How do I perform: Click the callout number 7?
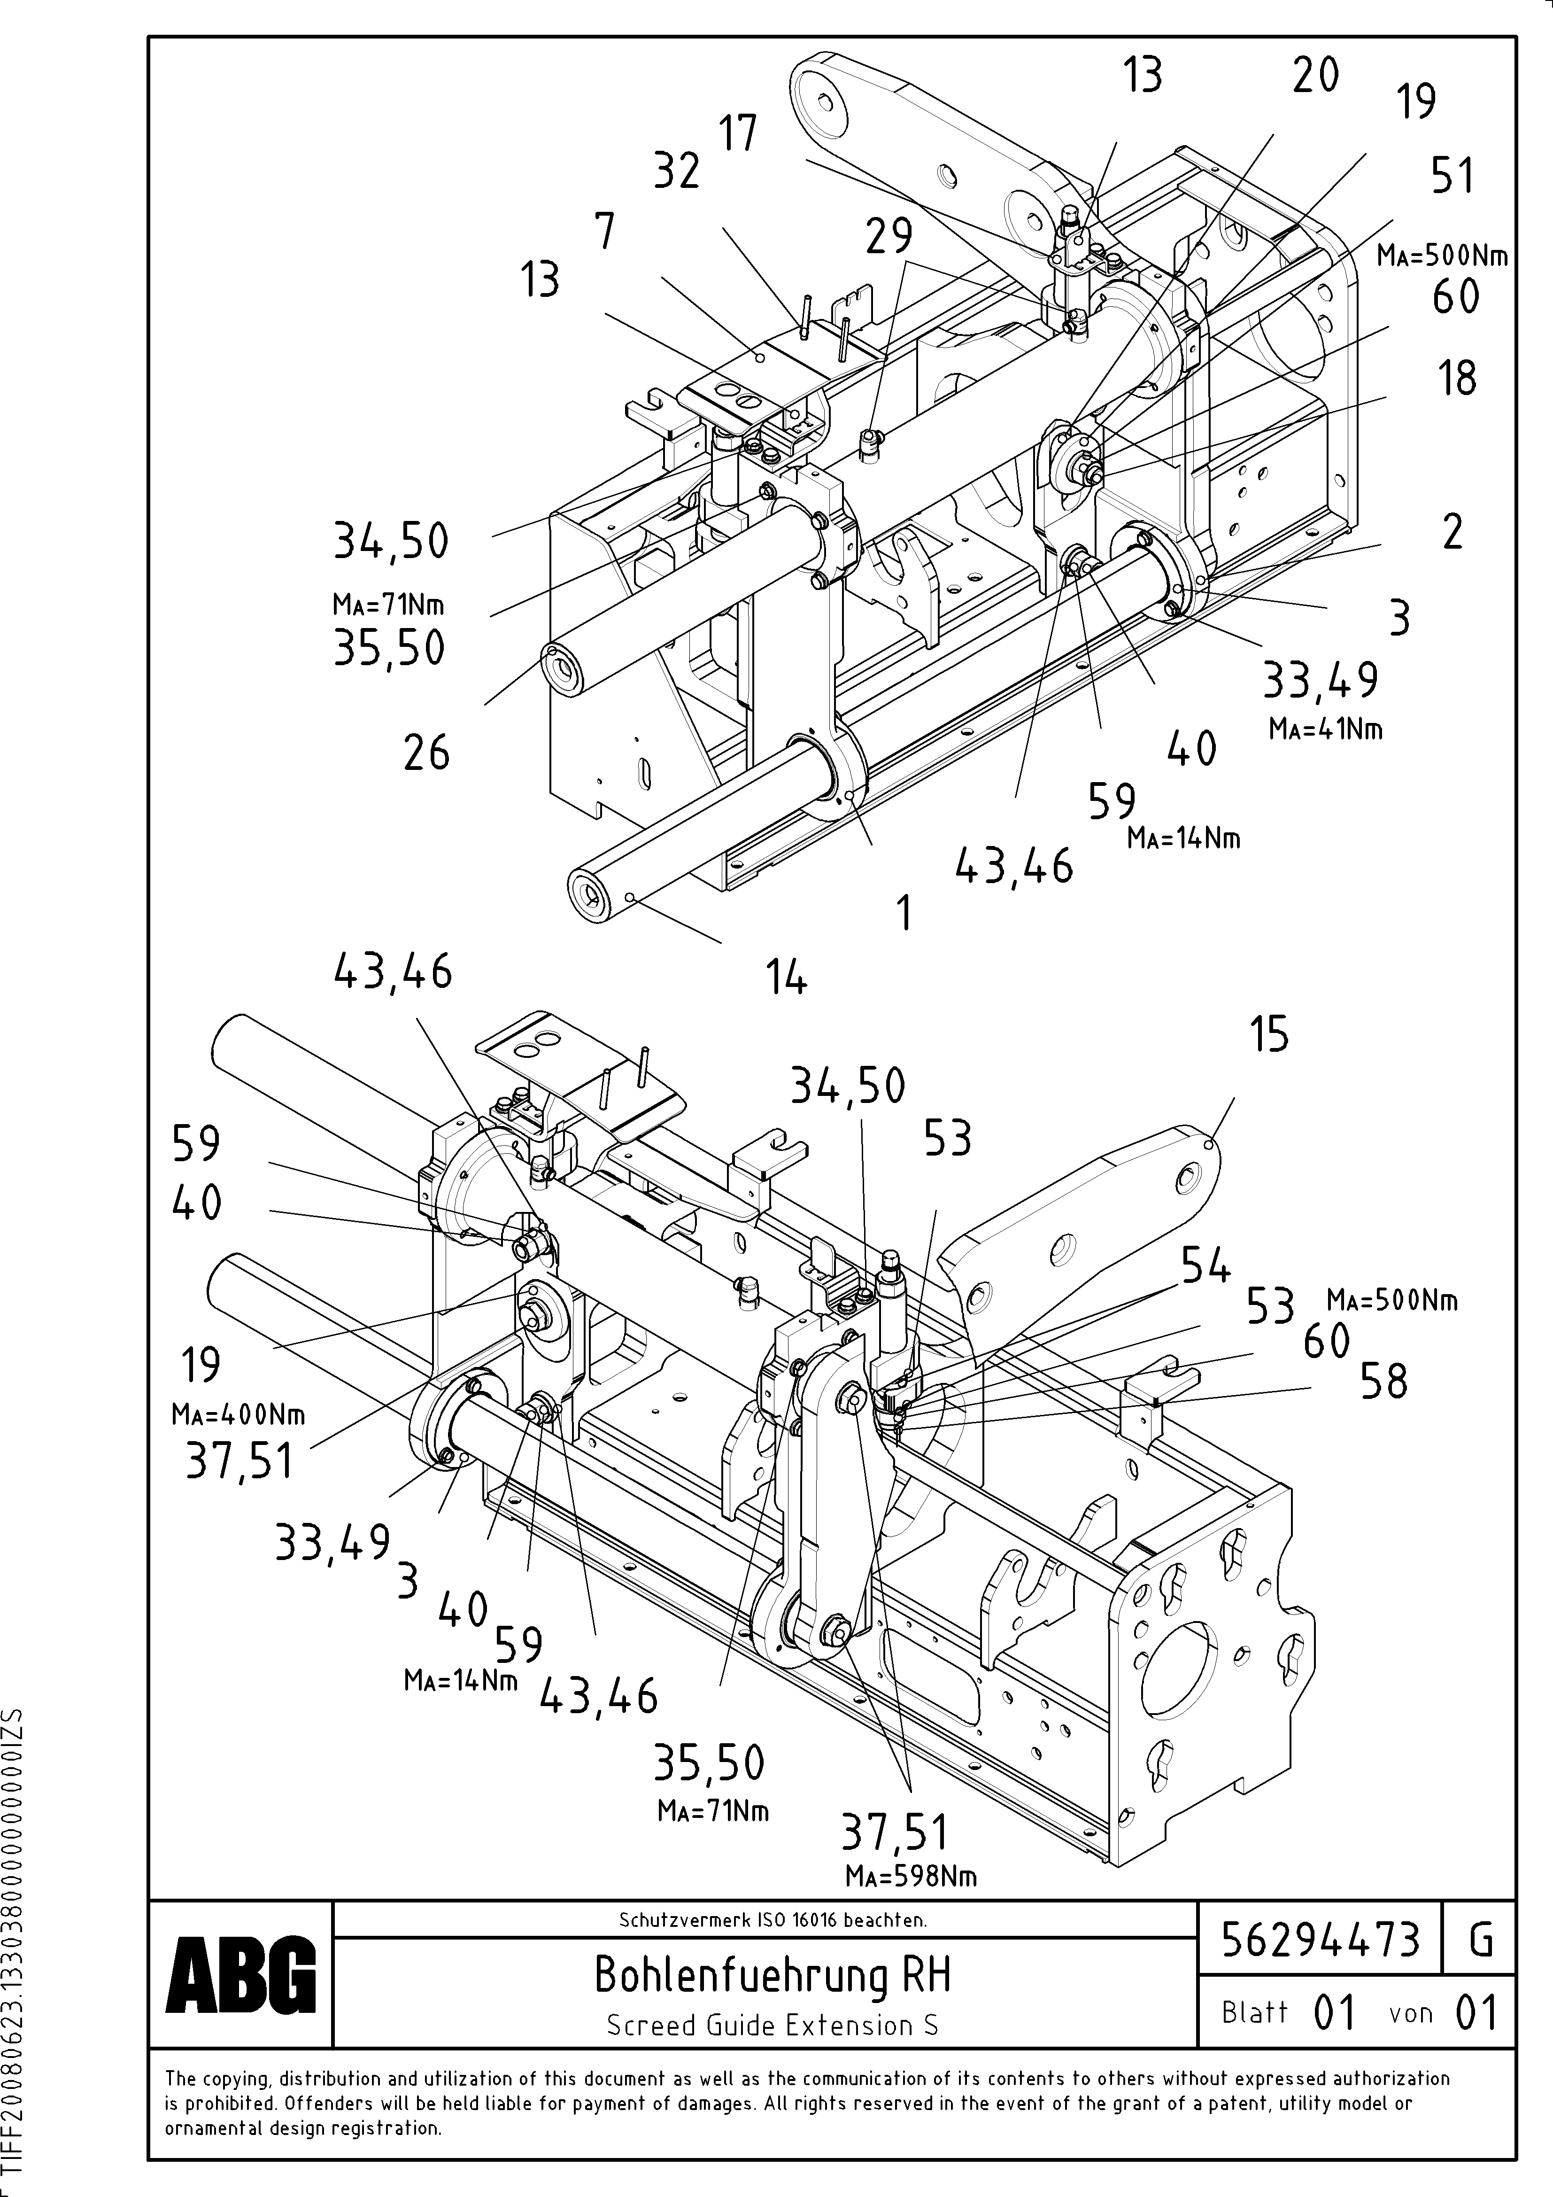point(605,232)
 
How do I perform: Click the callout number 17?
point(738,133)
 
